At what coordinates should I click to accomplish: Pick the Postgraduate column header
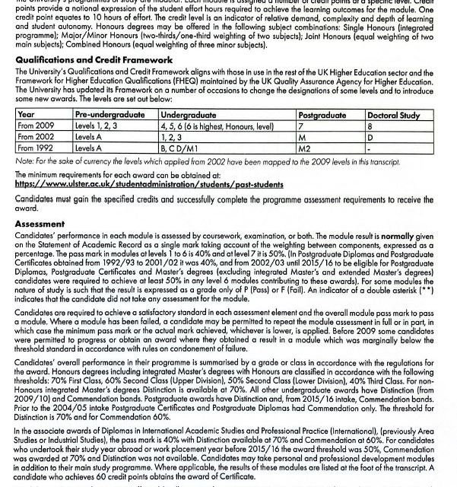point(321,114)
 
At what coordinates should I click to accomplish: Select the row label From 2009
point(36,126)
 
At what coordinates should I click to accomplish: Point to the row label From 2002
point(36,137)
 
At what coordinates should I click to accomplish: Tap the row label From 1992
point(36,148)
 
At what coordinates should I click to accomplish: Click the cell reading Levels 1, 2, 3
point(98,126)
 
